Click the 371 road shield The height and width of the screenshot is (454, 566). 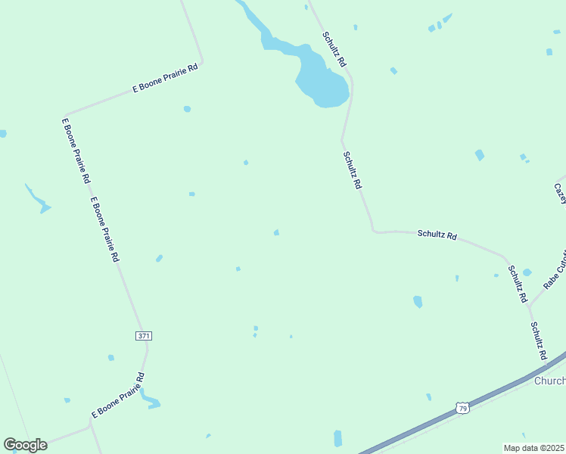tap(143, 335)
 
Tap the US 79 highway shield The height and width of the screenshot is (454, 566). tap(462, 409)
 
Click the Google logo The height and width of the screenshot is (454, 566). tap(25, 445)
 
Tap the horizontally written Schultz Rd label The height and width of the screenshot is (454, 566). tap(437, 235)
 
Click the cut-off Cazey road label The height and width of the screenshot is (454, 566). tap(560, 192)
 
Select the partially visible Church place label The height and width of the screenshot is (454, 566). tap(549, 381)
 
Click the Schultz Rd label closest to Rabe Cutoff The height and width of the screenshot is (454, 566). tap(518, 285)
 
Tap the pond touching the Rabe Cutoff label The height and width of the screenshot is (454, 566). tap(527, 272)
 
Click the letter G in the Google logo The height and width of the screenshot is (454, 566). tap(11, 445)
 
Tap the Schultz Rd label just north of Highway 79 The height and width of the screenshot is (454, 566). tap(538, 341)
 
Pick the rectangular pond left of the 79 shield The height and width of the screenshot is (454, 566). tap(337, 437)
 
